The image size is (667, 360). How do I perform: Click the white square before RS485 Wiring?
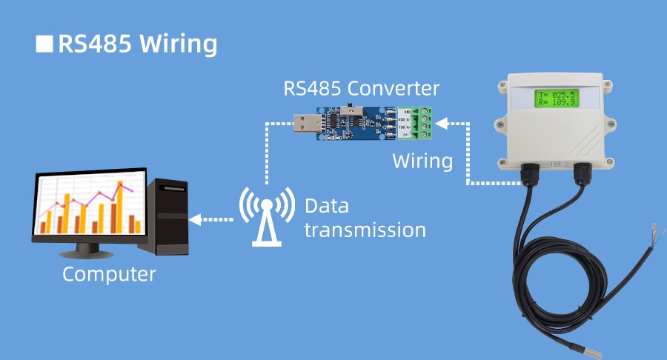tap(45, 44)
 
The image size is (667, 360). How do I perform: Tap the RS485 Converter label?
tap(362, 89)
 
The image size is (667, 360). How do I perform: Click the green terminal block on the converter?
tap(425, 123)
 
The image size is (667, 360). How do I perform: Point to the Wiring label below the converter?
tap(422, 161)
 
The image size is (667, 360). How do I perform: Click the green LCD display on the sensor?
tap(557, 98)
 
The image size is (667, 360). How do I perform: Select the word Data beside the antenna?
tap(326, 205)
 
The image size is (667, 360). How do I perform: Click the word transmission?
tap(365, 230)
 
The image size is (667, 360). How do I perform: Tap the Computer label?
tap(109, 274)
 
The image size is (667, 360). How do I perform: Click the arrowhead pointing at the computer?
tap(194, 219)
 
